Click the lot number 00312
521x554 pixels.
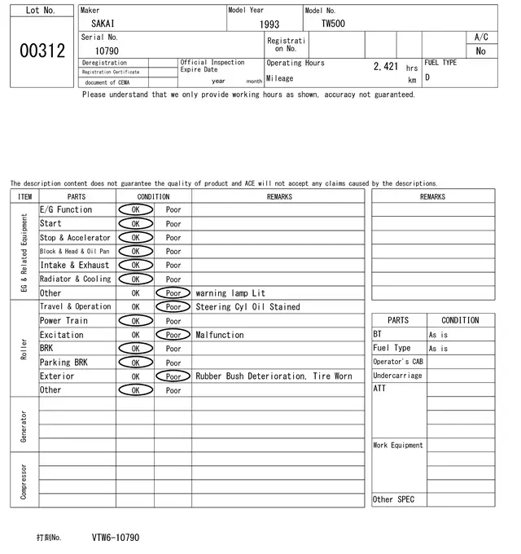pyautogui.click(x=42, y=51)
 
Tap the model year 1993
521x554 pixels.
pyautogui.click(x=269, y=24)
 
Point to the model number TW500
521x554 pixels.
pyautogui.click(x=332, y=24)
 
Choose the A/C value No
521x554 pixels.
pyautogui.click(x=480, y=51)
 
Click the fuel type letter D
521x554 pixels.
pyautogui.click(x=427, y=77)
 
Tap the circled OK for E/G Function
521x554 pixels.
pyautogui.click(x=135, y=209)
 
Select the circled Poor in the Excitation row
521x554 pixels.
pyautogui.click(x=173, y=335)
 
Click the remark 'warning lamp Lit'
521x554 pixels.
pyautogui.click(x=230, y=293)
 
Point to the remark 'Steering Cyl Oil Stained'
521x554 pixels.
pyautogui.click(x=247, y=307)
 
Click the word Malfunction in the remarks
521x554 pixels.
pyautogui.click(x=220, y=335)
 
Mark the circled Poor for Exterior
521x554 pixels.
pyautogui.click(x=173, y=376)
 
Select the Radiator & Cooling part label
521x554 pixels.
pyautogui.click(x=75, y=279)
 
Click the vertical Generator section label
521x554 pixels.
pyautogui.click(x=24, y=425)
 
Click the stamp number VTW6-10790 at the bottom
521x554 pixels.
pyautogui.click(x=115, y=538)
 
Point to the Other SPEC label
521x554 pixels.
pyautogui.click(x=393, y=499)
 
